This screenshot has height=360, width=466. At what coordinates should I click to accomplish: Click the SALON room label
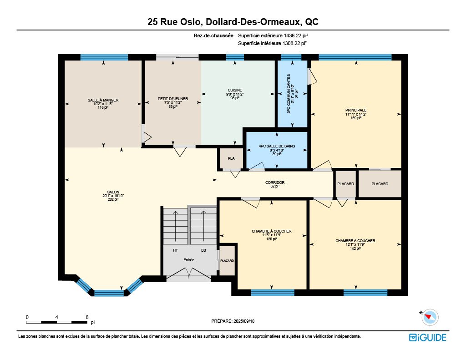click(x=113, y=192)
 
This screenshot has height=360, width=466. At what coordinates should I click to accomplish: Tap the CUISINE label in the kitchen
click(x=235, y=90)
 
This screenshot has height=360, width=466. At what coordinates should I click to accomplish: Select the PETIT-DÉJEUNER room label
click(x=172, y=99)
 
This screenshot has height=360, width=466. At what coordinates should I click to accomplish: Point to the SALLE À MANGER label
click(x=103, y=100)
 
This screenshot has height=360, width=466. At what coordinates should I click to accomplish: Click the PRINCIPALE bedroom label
click(x=356, y=110)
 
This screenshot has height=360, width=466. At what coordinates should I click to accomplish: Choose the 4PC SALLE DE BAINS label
click(x=277, y=146)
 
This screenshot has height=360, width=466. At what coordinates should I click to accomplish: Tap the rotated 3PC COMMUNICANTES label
click(x=288, y=94)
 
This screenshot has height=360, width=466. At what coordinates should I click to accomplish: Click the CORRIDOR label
click(x=275, y=183)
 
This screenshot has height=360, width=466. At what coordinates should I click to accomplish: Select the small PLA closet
click(x=231, y=158)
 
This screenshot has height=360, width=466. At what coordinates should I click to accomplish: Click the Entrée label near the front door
click(x=189, y=260)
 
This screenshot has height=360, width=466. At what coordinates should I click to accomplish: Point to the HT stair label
click(x=175, y=250)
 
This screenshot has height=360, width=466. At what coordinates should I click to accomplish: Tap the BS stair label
click(x=203, y=250)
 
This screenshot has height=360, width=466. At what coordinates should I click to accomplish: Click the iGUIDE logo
click(x=428, y=337)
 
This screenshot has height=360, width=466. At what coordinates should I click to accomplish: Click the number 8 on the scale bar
click(x=87, y=317)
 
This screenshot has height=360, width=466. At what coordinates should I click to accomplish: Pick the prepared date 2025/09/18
click(x=244, y=321)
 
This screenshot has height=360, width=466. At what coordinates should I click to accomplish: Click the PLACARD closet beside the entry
click(x=227, y=260)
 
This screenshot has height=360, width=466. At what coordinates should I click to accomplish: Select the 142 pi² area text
click(x=355, y=248)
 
